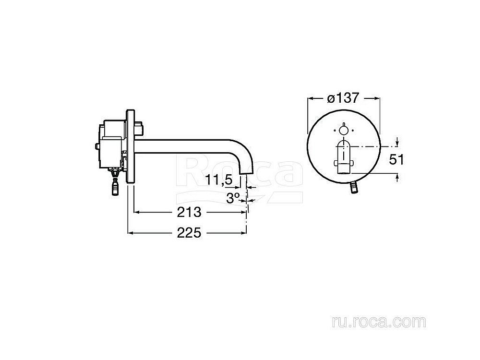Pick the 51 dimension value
tap(396, 160)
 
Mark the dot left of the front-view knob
tap(334, 130)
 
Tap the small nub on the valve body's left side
tap(98, 145)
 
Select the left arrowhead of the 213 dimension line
tap(136, 212)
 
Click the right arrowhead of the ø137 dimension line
tap(378, 98)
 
